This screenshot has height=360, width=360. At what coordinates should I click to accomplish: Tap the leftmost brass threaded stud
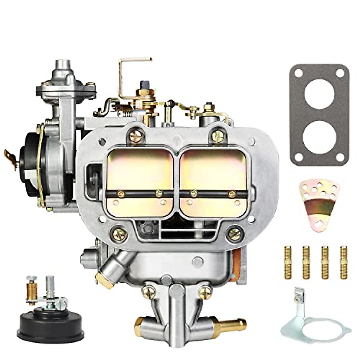(x=288, y=262)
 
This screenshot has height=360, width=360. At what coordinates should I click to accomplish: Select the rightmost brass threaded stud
(x=344, y=262)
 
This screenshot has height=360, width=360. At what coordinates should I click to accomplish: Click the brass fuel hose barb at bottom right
(x=236, y=324)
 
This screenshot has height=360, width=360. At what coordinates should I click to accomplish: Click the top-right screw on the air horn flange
(x=217, y=136)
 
